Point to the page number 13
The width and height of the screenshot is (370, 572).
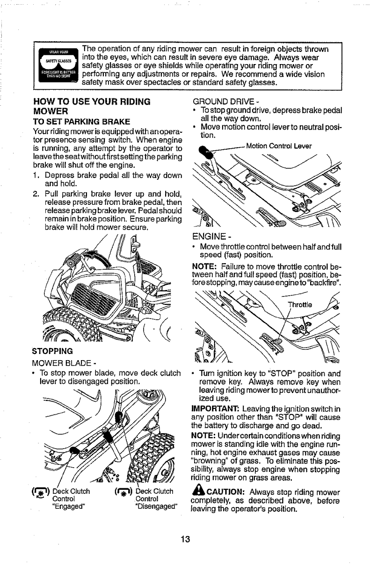(185, 539)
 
